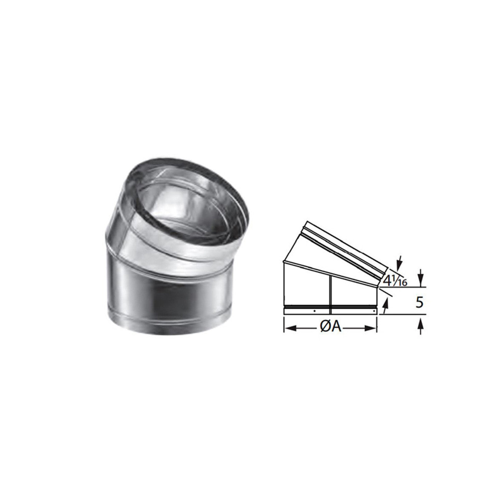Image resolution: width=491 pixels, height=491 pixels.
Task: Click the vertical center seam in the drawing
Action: point(330,293)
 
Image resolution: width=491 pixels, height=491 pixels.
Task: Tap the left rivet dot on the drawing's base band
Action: point(314,310)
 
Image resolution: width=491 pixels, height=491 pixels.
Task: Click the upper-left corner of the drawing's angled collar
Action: point(306,222)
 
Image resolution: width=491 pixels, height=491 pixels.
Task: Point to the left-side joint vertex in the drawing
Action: point(284,262)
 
